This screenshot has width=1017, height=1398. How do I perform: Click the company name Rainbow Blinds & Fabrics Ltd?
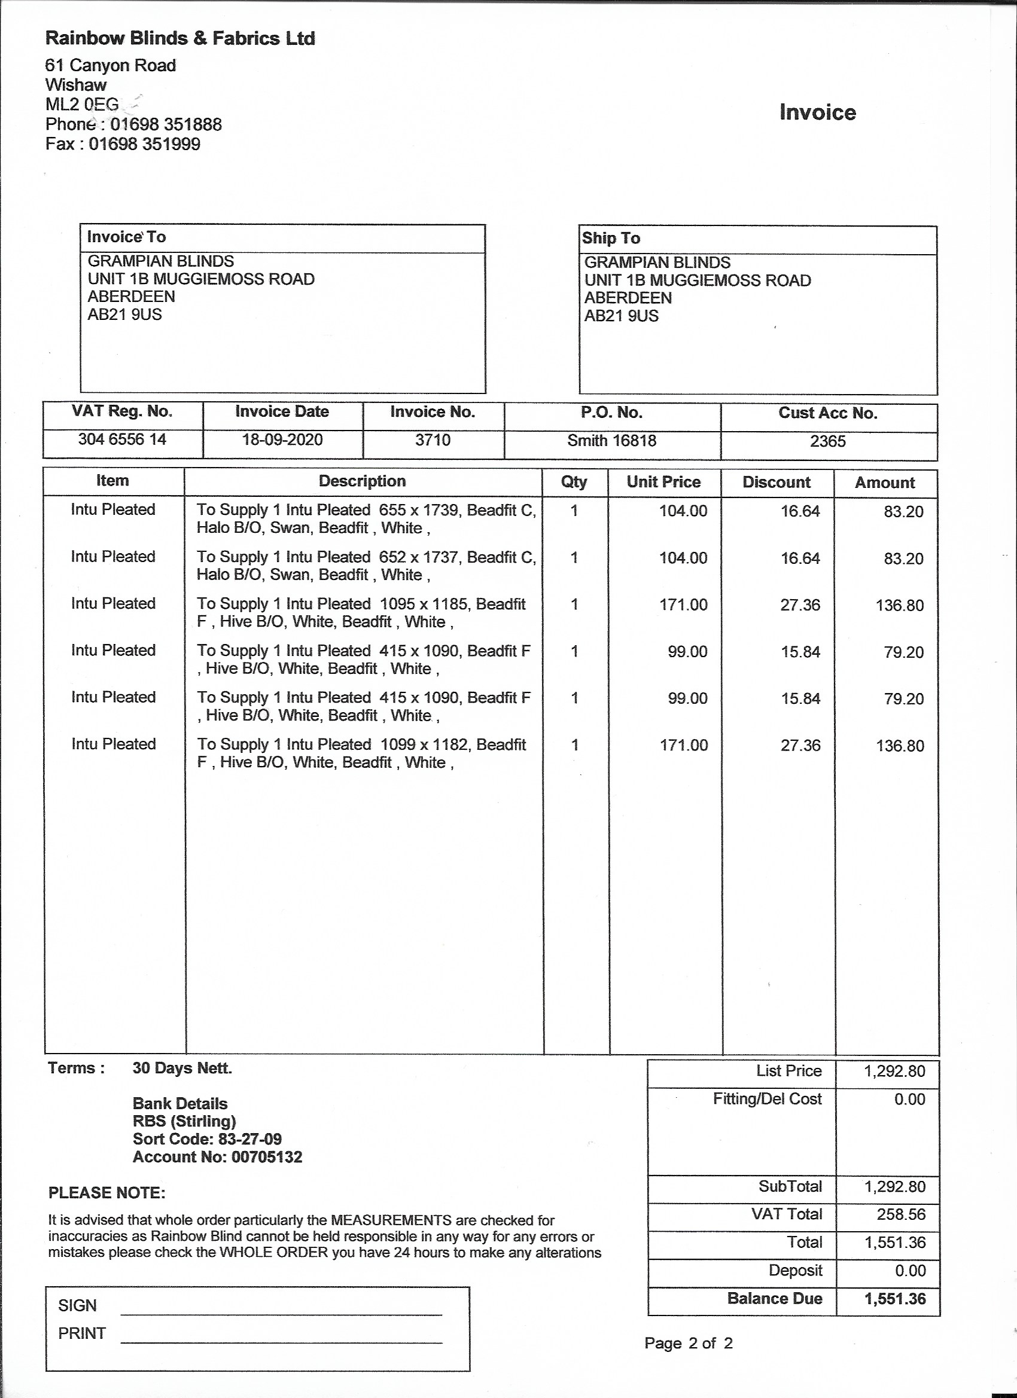[x=180, y=38]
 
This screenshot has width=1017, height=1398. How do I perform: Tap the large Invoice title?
[x=817, y=112]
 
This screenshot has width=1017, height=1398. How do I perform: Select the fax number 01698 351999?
[x=144, y=144]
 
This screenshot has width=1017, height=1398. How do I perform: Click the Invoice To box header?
[x=126, y=237]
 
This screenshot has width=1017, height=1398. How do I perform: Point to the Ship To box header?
[x=611, y=238]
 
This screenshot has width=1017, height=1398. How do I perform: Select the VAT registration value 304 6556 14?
[x=122, y=439]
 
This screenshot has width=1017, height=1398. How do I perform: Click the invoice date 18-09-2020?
[x=282, y=440]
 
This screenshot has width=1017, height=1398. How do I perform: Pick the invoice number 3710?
[x=433, y=440]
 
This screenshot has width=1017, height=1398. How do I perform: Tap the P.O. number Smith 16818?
[x=611, y=441]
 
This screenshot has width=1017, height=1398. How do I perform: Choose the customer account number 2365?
[x=828, y=441]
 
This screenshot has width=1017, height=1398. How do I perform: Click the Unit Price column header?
[x=663, y=482]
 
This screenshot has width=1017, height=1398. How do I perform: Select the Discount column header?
[x=777, y=482]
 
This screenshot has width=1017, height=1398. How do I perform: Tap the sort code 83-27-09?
[x=250, y=1139]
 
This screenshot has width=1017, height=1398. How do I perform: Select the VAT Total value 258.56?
[x=901, y=1214]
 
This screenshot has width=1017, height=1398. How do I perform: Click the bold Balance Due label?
[x=775, y=1299]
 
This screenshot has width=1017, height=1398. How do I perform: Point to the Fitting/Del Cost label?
[x=767, y=1099]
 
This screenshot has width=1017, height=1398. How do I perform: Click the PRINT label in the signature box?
[x=82, y=1333]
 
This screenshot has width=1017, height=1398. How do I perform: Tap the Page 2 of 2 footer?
[x=689, y=1343]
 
